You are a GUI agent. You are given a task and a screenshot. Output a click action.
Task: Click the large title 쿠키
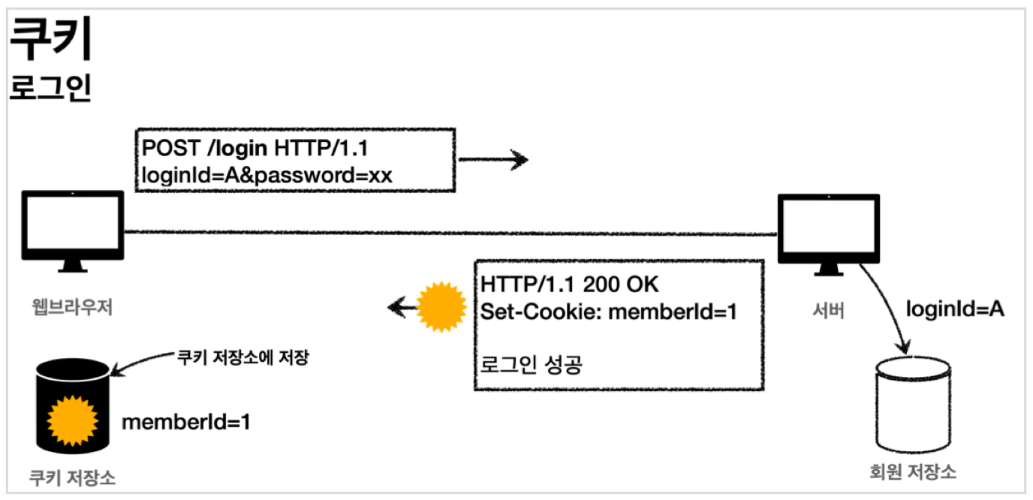(x=50, y=42)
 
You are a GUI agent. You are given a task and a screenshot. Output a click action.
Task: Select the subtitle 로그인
(x=50, y=88)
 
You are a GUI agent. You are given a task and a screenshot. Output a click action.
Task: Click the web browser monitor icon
(x=73, y=230)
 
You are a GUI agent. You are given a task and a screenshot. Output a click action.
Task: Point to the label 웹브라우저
(x=73, y=307)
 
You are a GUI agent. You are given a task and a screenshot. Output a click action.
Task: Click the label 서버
(x=829, y=310)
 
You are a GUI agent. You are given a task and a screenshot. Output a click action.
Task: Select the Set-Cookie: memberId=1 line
(x=609, y=310)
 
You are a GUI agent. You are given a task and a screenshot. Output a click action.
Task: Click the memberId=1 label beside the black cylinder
(x=185, y=422)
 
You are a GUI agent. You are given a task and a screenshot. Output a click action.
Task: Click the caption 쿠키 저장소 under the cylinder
(x=73, y=477)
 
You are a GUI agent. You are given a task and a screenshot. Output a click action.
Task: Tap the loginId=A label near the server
(x=954, y=309)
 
